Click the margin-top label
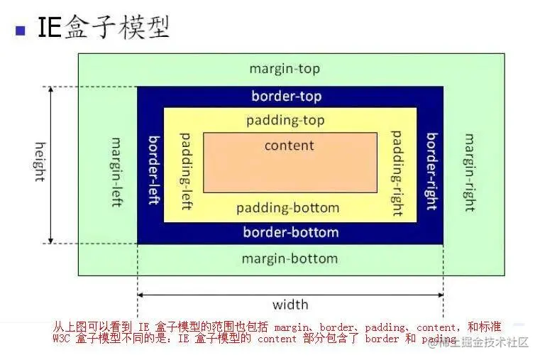click(x=285, y=69)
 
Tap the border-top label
click(x=286, y=97)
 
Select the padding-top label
click(x=285, y=120)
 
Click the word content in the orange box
click(x=289, y=146)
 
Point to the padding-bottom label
click(x=287, y=208)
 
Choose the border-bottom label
click(x=290, y=232)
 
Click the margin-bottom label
click(x=290, y=258)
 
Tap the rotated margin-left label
click(x=116, y=171)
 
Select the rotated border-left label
click(x=152, y=168)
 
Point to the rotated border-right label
click(x=430, y=171)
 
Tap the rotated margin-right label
click(x=468, y=173)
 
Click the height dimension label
click(x=39, y=162)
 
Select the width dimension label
click(x=290, y=305)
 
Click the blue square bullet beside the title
click(x=20, y=30)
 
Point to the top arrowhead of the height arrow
click(x=51, y=91)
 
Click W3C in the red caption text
click(x=64, y=339)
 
